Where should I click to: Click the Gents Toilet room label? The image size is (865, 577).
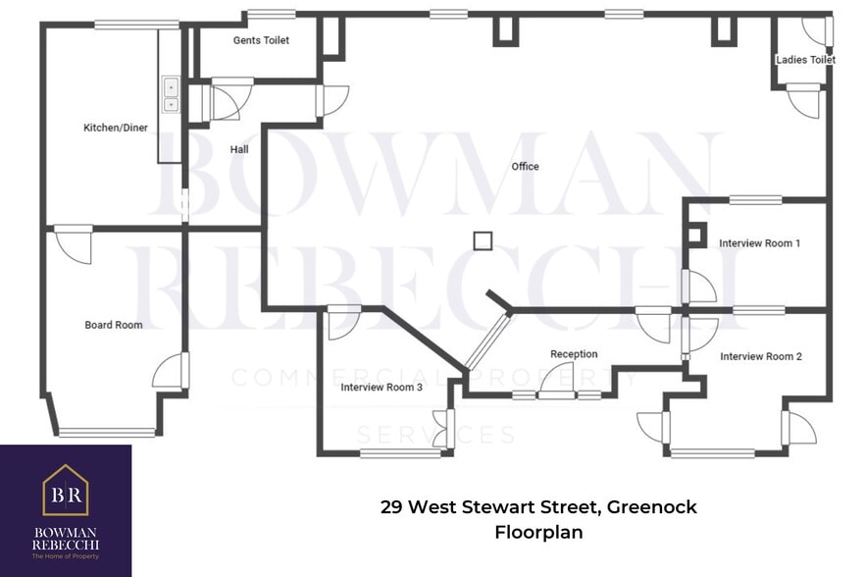(260, 40)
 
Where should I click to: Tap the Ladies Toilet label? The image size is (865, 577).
(805, 60)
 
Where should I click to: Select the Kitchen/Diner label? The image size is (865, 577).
(116, 128)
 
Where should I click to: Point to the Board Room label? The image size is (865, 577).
(113, 325)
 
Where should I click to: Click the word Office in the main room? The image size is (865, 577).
(525, 167)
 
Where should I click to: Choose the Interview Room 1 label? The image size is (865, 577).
(759, 242)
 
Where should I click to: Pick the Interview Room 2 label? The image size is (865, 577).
(760, 356)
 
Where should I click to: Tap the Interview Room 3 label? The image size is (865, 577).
(382, 388)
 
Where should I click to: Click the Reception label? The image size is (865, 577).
(574, 354)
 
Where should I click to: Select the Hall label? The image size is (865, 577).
(239, 149)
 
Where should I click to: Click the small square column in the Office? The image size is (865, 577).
(482, 240)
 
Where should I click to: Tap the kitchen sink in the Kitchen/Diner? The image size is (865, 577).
(171, 94)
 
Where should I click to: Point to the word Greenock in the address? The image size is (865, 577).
(651, 507)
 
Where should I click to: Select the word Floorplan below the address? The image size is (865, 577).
(538, 533)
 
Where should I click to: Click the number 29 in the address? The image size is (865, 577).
(391, 507)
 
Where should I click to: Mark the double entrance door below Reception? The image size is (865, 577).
(556, 394)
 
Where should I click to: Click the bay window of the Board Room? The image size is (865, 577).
(106, 432)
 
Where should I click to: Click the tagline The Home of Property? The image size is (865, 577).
(66, 556)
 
